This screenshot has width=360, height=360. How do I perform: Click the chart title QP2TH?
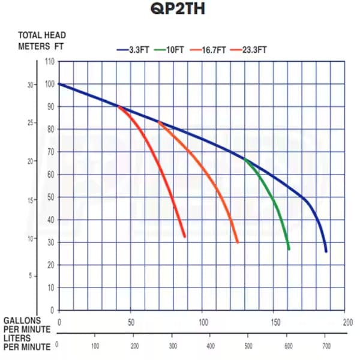pos(180,11)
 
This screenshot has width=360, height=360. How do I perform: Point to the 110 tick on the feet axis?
pos(49,62)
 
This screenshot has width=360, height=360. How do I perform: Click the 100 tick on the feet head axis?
pos(49,84)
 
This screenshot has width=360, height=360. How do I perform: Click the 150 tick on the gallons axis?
pos(274,322)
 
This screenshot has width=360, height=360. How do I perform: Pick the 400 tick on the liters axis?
pos(211,346)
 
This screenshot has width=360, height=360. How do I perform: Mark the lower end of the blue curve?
pos(326,251)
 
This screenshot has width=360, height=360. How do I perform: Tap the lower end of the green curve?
pos(289,249)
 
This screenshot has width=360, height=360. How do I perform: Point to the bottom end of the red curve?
pos(185,236)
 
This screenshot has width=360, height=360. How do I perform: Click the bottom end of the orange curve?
pos(238,242)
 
